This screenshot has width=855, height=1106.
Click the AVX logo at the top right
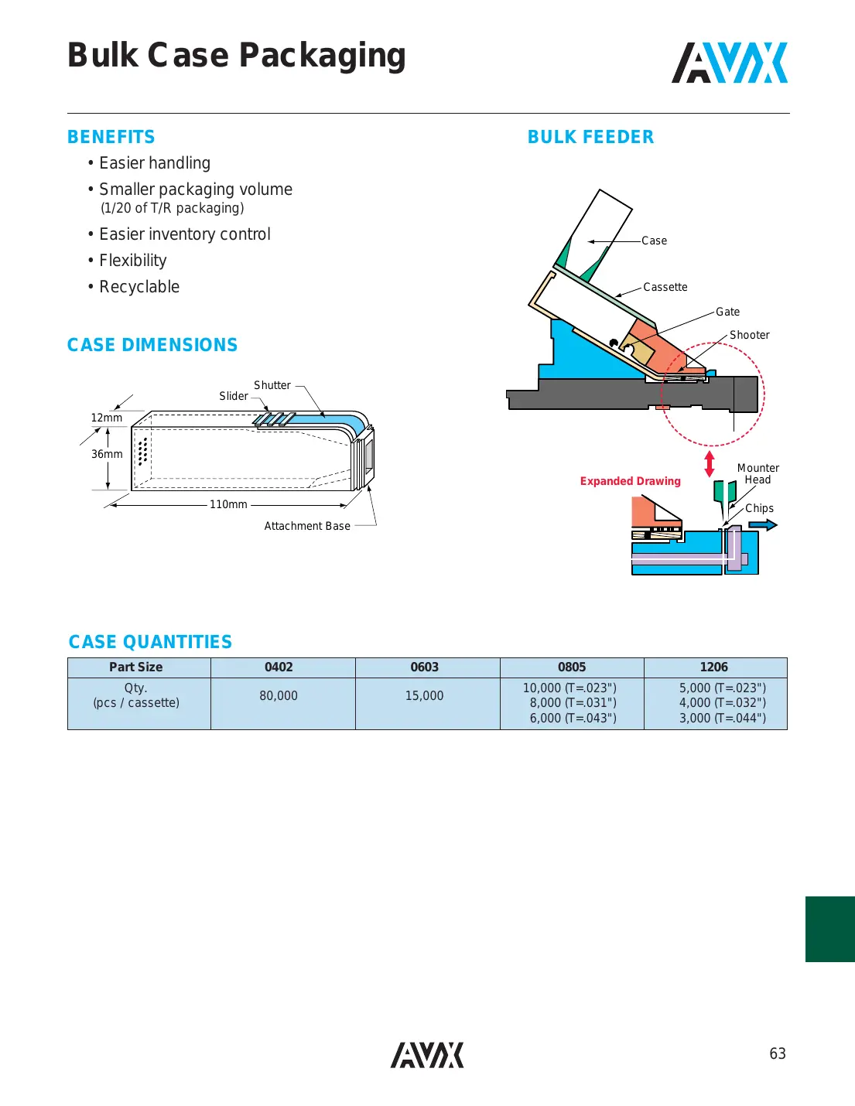tap(729, 63)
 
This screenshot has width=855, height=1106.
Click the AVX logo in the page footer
tap(427, 1055)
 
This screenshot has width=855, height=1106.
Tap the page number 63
tap(777, 1053)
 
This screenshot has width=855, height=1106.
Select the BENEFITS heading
tap(111, 137)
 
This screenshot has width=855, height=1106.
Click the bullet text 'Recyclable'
tap(139, 287)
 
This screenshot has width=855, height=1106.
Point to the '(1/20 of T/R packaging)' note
tap(173, 208)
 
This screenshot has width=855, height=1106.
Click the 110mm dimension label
tap(228, 504)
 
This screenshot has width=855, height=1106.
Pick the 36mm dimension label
tap(107, 454)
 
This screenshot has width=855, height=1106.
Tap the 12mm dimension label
tap(107, 418)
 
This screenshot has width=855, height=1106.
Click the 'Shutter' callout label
tap(272, 385)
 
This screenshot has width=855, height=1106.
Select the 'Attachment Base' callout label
tap(307, 526)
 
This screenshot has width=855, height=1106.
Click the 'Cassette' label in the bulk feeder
tap(665, 287)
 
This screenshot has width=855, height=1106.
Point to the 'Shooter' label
tap(749, 335)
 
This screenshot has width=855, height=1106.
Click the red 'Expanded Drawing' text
tap(630, 481)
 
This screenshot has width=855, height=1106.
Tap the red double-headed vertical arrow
tap(710, 464)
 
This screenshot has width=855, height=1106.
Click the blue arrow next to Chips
tap(763, 525)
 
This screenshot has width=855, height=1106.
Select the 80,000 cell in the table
tap(279, 696)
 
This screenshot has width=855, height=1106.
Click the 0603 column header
tap(424, 667)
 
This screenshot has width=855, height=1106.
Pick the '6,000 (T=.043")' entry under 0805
tap(573, 718)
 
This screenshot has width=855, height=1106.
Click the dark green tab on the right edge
tap(829, 929)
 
